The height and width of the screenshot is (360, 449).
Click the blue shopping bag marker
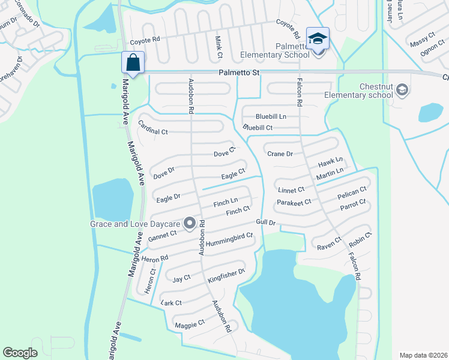[x=133, y=62]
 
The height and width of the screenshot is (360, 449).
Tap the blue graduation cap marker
[x=318, y=38]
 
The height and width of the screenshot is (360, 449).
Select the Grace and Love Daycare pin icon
[x=190, y=224]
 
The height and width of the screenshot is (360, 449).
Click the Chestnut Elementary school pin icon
[x=402, y=91]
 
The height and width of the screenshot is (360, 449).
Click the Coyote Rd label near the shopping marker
[x=145, y=42]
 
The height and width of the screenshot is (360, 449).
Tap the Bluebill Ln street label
[x=271, y=116]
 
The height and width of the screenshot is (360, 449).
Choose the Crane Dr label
[x=280, y=154]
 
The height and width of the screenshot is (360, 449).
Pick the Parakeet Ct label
[x=294, y=202]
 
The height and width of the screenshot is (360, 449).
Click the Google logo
[x=20, y=352]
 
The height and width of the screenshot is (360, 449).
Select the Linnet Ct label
[x=292, y=190]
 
